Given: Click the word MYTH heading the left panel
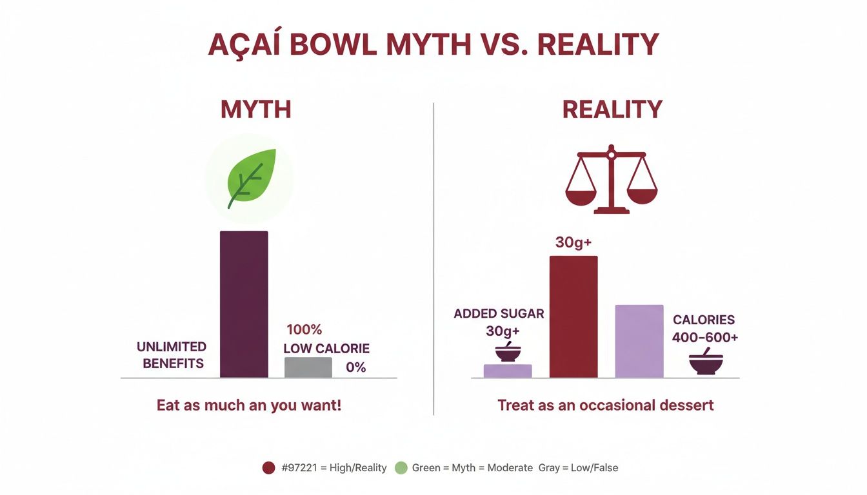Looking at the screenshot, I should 256,109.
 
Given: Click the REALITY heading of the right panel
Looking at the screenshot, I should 612,109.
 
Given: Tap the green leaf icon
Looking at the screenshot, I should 251,178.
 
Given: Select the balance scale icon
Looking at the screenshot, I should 611,179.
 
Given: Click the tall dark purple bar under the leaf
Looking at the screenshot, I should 244,304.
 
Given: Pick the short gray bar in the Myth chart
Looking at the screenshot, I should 308,367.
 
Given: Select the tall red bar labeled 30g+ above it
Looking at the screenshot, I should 573,316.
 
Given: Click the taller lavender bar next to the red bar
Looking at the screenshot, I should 639,341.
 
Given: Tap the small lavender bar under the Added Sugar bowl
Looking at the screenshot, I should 508,371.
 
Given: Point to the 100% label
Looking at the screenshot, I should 304,329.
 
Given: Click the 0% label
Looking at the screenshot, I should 355,367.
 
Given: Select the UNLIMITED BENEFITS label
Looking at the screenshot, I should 172,355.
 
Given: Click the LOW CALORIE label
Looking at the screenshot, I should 326,349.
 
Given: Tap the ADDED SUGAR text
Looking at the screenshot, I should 499,314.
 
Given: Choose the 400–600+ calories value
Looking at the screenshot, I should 704,337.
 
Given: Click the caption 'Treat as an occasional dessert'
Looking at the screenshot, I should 605,405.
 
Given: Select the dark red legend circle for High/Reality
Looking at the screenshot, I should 269,468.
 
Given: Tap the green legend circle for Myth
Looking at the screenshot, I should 401,468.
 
